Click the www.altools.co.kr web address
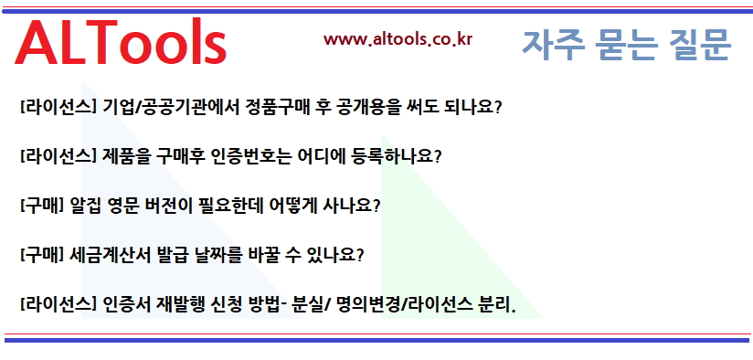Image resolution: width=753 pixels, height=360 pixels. (x=398, y=39)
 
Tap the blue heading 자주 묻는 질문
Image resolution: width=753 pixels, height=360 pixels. (x=626, y=44)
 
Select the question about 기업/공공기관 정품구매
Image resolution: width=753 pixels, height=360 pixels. (x=260, y=106)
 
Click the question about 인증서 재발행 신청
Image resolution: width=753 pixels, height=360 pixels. (x=267, y=303)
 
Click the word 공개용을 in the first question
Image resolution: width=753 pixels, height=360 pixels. (x=367, y=106)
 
